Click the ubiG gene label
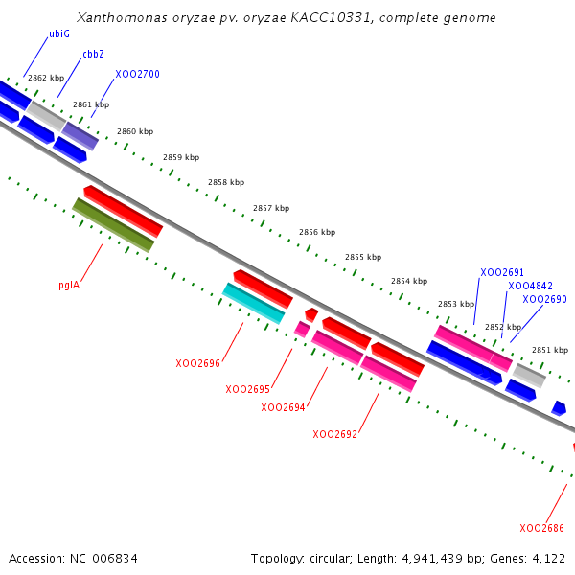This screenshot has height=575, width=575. point(58,34)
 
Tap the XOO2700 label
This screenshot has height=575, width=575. point(137,74)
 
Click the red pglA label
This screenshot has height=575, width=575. point(69,285)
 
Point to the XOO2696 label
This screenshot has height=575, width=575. point(197,364)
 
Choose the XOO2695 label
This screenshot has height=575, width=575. point(247,389)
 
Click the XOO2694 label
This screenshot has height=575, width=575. point(283,407)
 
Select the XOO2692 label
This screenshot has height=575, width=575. point(334,434)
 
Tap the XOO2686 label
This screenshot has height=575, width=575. point(541,528)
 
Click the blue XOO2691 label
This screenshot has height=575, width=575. point(502,272)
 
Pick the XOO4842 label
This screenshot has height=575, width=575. point(530,286)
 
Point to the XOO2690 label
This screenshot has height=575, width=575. point(544,299)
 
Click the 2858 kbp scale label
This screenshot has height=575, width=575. point(225,182)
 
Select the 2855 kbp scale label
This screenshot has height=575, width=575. point(363,257)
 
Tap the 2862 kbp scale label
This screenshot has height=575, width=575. point(46,78)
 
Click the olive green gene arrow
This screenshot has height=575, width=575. point(113,225)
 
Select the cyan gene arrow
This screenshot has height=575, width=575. point(254,304)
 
